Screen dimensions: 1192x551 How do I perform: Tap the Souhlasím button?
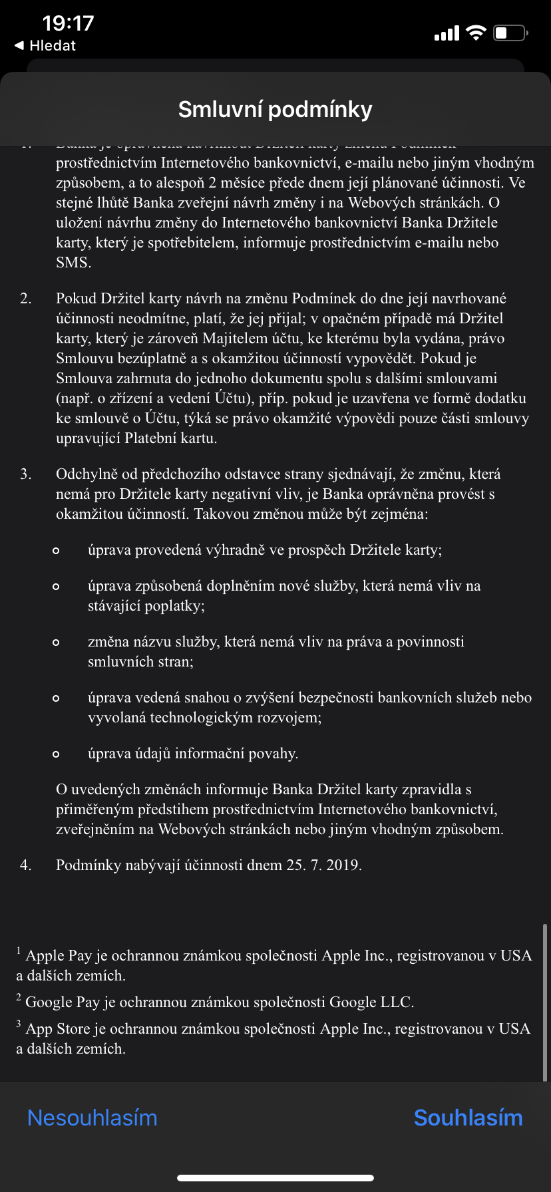(x=468, y=1117)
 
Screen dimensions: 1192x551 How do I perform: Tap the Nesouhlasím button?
(x=92, y=1117)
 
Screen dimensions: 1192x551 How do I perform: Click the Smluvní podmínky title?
(x=275, y=109)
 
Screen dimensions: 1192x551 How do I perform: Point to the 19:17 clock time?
(x=68, y=23)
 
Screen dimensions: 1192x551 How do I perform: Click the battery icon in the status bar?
(x=510, y=33)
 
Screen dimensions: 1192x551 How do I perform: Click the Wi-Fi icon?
(x=476, y=33)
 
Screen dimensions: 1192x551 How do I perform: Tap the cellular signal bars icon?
(x=447, y=33)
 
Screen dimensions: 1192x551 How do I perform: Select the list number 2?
(x=25, y=298)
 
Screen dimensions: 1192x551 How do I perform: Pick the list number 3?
(x=25, y=474)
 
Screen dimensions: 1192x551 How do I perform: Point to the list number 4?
(x=25, y=865)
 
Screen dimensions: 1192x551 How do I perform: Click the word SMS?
(x=72, y=262)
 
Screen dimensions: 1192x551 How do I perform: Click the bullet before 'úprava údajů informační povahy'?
(x=56, y=754)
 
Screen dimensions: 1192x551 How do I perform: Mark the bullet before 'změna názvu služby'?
(x=56, y=642)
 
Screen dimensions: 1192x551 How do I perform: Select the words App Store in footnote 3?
(x=57, y=1028)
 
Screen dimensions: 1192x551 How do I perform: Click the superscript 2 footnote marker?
(x=19, y=997)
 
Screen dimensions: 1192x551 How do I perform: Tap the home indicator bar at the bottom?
(x=275, y=1177)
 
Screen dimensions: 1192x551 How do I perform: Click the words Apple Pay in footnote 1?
(x=59, y=955)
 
